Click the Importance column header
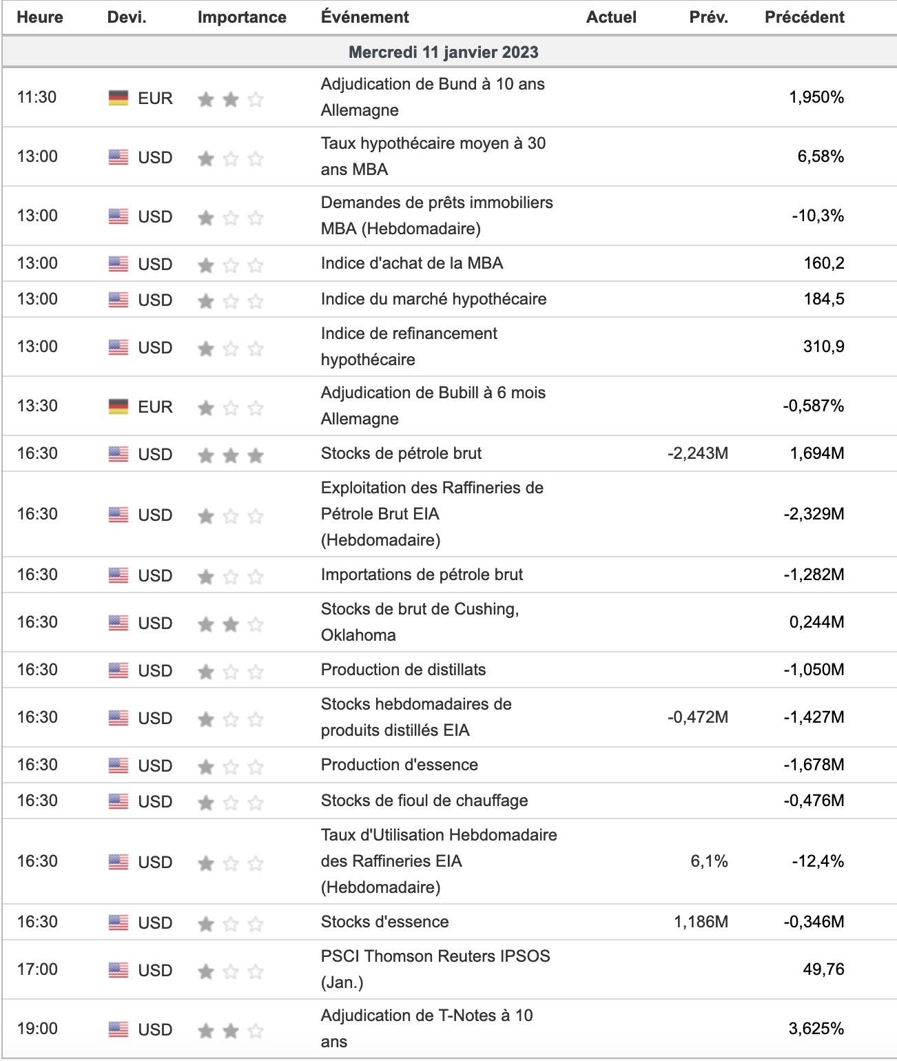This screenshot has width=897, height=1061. click(x=241, y=17)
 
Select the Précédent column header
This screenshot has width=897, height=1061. click(x=804, y=17)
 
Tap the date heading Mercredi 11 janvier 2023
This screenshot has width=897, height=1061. click(x=443, y=52)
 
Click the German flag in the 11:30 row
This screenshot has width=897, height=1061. click(x=118, y=98)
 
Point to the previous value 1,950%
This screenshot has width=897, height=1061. click(x=816, y=97)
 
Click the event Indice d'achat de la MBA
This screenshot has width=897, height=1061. click(x=411, y=263)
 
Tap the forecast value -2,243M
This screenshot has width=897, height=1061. click(x=697, y=453)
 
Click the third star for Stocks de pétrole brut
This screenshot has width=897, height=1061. click(x=256, y=455)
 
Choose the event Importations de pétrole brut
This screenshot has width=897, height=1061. click(x=422, y=575)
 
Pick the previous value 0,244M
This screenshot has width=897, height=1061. click(x=816, y=622)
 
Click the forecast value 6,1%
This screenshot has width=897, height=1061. click(x=709, y=861)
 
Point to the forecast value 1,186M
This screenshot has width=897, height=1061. click(x=701, y=922)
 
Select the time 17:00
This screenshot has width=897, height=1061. click(x=37, y=969)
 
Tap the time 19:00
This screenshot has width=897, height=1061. click(x=37, y=1029)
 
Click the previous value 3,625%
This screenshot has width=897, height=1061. click(x=816, y=1029)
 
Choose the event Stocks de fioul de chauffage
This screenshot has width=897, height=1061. click(x=424, y=801)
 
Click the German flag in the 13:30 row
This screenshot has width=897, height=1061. click(x=118, y=406)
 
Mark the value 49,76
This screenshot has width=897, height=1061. click(x=823, y=969)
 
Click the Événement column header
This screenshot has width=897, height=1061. click(x=364, y=17)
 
